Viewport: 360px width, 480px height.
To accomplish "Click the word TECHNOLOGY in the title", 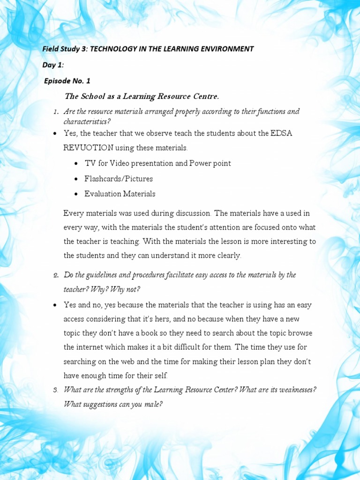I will [112, 49].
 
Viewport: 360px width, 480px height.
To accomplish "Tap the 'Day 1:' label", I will [53, 65].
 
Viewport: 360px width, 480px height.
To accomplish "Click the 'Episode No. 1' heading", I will [67, 81].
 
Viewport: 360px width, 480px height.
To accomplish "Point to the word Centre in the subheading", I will [205, 97].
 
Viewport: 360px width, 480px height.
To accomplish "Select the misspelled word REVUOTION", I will [89, 148].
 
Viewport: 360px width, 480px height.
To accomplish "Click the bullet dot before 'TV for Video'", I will [76, 164].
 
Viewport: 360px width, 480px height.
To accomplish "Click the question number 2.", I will [56, 275].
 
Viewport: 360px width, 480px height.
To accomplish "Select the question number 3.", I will [56, 390].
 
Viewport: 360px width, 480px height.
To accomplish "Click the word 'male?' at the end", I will [152, 404].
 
